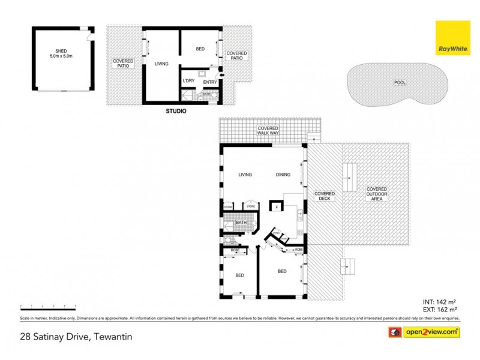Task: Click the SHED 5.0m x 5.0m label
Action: (61, 53)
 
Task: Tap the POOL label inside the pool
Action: (398, 82)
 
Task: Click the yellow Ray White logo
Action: (453, 37)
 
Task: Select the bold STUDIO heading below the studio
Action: (176, 112)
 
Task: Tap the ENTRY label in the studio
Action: (210, 82)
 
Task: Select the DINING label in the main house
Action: (283, 175)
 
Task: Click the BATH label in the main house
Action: (241, 223)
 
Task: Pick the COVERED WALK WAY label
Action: (268, 130)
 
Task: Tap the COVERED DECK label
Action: (325, 196)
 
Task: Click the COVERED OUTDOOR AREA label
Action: (377, 194)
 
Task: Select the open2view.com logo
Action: (425, 331)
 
